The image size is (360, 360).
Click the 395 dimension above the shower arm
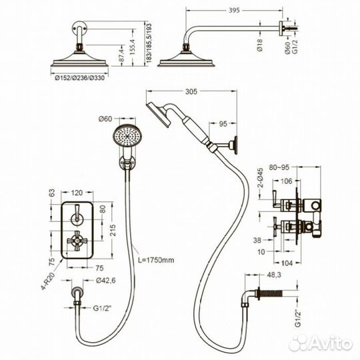click(234, 10)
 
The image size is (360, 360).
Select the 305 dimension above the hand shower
click(191, 91)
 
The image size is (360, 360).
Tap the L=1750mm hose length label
click(156, 260)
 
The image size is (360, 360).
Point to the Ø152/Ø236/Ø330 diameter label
click(80, 78)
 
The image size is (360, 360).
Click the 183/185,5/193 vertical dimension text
click(149, 43)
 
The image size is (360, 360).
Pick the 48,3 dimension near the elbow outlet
click(273, 275)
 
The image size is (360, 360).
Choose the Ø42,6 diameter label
click(106, 280)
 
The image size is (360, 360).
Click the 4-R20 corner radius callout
click(49, 281)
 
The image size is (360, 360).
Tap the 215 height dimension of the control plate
click(113, 230)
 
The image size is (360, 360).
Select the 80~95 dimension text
click(279, 167)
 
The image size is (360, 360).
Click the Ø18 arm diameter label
click(260, 45)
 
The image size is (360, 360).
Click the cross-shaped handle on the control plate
click(77, 241)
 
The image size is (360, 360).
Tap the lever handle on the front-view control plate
click(77, 213)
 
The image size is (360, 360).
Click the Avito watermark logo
click(321, 343)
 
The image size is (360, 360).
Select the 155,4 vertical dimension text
click(133, 47)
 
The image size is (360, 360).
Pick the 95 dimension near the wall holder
click(223, 124)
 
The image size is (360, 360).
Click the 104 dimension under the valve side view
click(287, 263)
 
